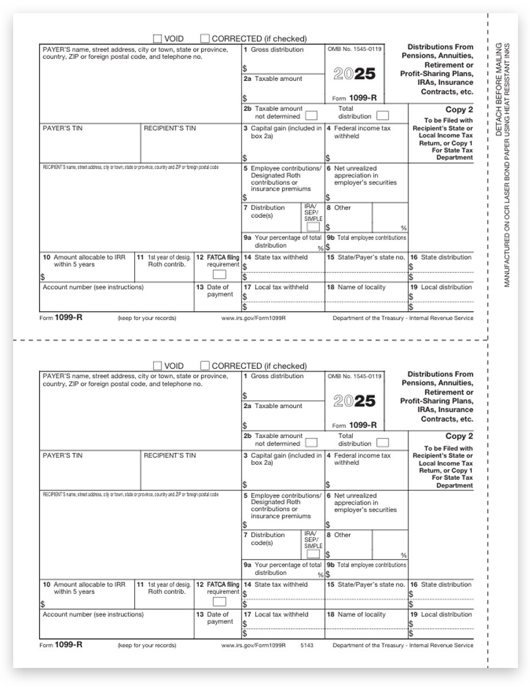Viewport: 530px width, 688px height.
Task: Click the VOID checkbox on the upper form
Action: pos(158,39)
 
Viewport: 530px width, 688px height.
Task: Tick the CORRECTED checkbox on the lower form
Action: pos(205,366)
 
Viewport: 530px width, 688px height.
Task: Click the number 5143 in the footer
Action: pos(307,645)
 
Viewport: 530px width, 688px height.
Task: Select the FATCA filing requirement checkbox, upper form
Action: pos(219,274)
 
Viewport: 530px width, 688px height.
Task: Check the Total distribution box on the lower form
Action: pos(382,443)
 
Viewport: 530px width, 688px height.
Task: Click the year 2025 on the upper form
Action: pos(354,74)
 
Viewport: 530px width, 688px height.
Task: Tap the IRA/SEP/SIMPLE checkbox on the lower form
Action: pos(313,554)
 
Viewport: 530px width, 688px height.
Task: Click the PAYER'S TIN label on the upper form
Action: pos(62,128)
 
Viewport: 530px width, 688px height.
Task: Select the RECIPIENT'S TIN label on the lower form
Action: pos(170,456)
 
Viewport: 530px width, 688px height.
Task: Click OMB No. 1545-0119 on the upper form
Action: pos(354,49)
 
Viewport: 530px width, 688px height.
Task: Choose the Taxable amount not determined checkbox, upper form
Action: pos(311,116)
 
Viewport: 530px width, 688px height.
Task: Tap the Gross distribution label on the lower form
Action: pos(277,376)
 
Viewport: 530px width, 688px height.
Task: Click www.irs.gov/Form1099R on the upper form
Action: pos(253,318)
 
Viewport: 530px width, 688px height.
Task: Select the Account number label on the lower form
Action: pos(93,614)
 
